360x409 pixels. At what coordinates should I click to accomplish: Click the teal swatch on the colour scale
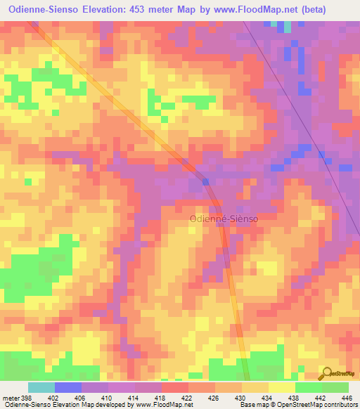(41, 387)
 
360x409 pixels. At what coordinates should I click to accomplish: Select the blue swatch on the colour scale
(68, 387)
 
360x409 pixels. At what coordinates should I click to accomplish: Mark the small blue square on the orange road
(206, 181)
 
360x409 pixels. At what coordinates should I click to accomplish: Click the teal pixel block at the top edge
(288, 27)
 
